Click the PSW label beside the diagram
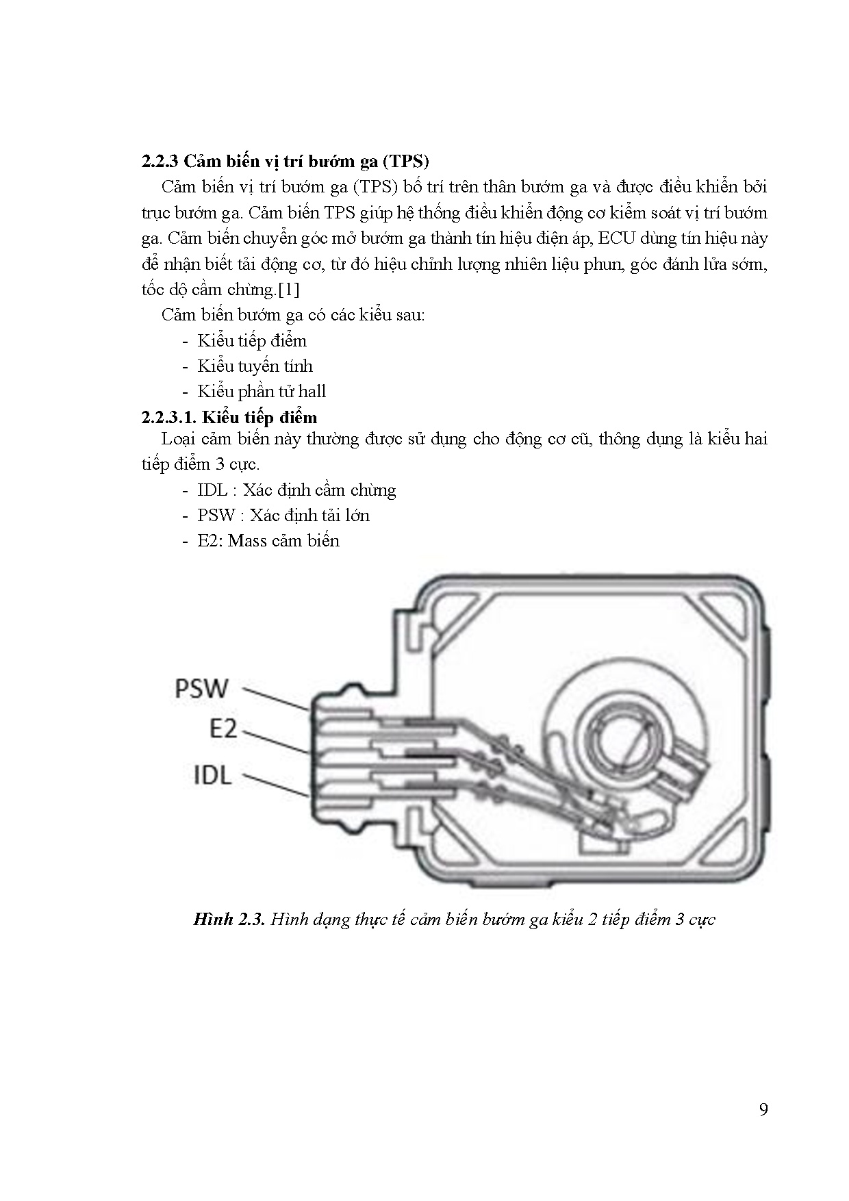(201, 688)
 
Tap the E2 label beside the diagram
(223, 729)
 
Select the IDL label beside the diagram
(213, 776)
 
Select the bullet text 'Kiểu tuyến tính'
(255, 366)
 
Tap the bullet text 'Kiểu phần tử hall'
(262, 392)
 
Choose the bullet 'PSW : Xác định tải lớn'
(283, 516)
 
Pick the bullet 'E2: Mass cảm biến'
(268, 541)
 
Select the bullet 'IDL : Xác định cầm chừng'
(296, 490)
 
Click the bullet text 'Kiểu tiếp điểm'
(252, 341)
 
